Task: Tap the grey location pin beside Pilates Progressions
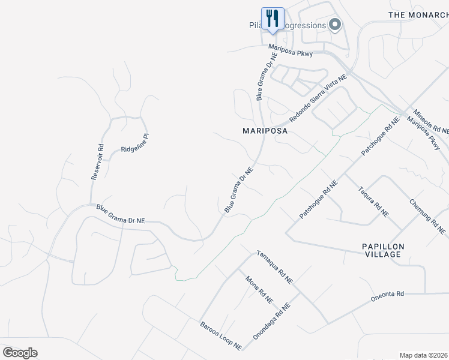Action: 335,25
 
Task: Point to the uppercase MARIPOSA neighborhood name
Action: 265,130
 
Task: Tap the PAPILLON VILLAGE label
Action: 383,250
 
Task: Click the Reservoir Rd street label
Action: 98,161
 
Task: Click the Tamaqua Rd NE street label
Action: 274,266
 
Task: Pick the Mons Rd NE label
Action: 259,289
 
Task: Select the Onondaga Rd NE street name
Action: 271,322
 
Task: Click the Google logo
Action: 20,352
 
